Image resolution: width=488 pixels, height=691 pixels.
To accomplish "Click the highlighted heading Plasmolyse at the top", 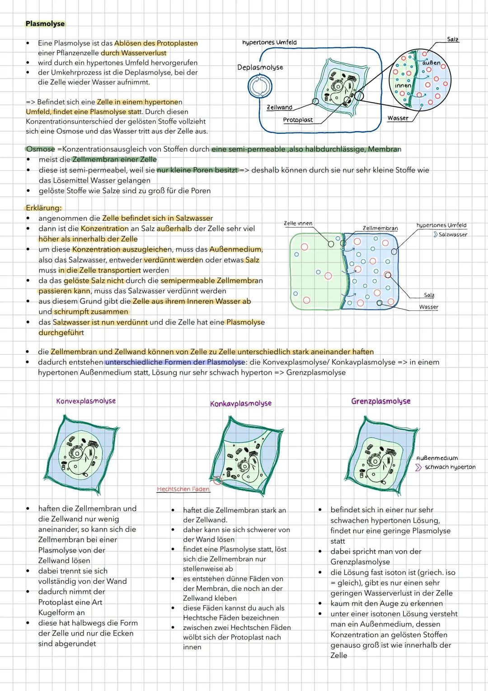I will click(x=45, y=24).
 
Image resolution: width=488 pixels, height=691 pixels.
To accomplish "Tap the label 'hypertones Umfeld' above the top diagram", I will click(x=269, y=42).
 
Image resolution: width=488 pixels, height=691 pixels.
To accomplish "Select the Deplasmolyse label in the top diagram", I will click(x=260, y=67).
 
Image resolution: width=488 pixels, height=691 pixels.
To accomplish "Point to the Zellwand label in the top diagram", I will click(x=279, y=108).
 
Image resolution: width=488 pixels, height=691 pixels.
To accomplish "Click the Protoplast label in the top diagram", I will click(x=298, y=120).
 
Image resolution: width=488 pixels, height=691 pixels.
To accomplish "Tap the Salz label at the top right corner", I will click(x=452, y=39).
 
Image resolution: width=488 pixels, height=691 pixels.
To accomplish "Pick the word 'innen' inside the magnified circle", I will click(x=403, y=85).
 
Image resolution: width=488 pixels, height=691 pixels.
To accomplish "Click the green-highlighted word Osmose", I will click(x=40, y=149).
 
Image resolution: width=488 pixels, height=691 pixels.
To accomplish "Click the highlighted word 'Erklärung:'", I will click(x=44, y=208).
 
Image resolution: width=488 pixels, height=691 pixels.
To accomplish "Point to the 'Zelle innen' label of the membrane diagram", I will click(x=298, y=224).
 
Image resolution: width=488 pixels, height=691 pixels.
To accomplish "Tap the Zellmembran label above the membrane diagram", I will click(x=380, y=228).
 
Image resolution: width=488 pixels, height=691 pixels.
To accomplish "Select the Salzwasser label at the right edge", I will click(x=452, y=234).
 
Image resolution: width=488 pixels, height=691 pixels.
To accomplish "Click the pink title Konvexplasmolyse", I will click(x=86, y=401).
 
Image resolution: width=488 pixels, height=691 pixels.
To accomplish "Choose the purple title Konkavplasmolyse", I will click(x=241, y=403).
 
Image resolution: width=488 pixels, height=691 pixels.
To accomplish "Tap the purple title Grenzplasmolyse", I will click(x=381, y=401).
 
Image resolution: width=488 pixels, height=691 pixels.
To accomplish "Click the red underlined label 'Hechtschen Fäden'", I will click(x=183, y=489).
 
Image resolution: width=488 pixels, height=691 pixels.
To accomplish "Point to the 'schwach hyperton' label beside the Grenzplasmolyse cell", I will click(x=450, y=467).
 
